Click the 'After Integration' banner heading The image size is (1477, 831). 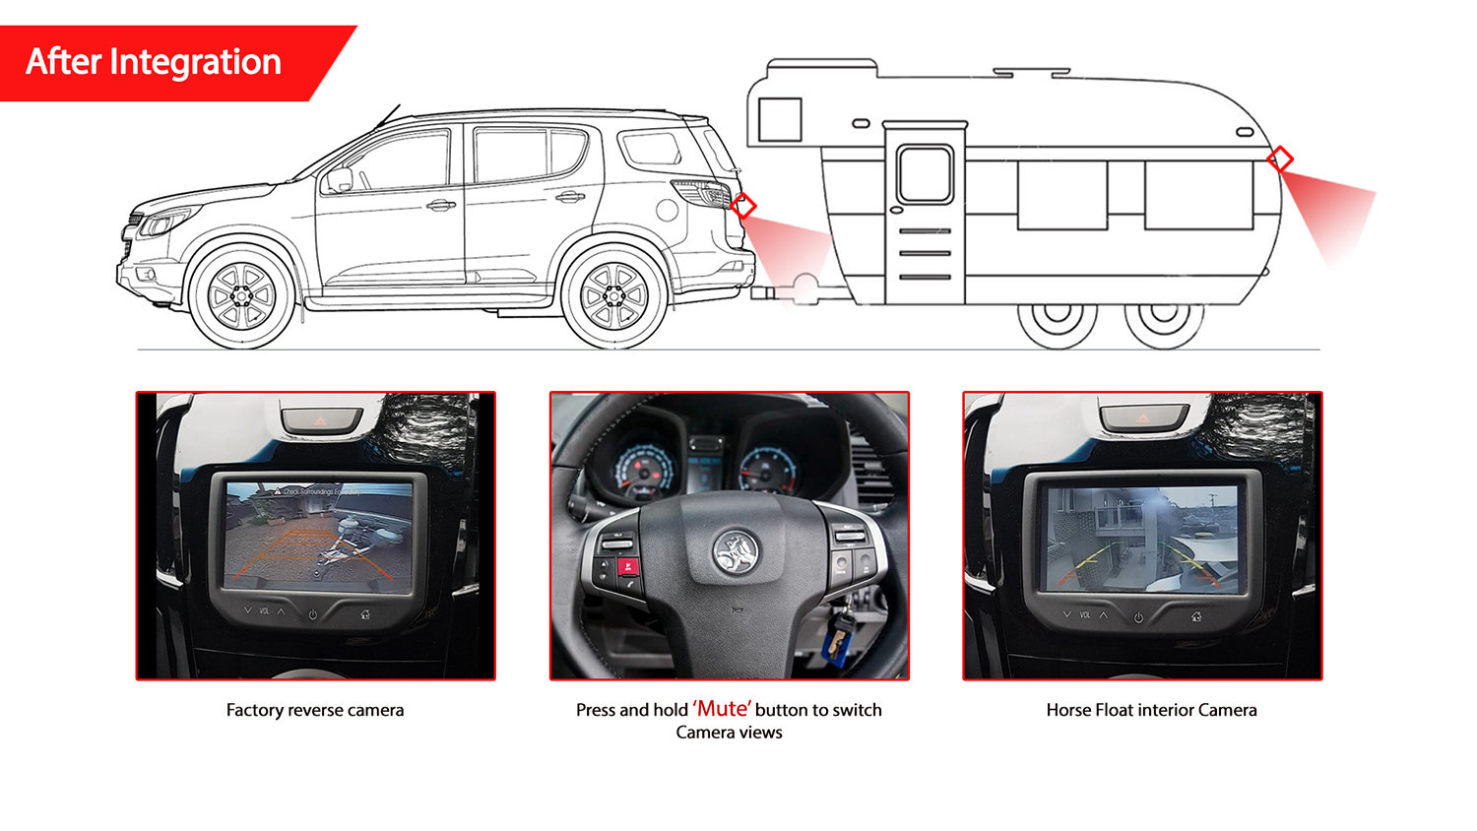[154, 62]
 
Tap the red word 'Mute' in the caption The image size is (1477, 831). [722, 709]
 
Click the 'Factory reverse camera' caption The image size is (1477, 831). [315, 710]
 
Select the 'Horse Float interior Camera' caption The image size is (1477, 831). [1151, 710]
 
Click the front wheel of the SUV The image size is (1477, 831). [240, 296]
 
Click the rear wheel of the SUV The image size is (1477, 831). [613, 296]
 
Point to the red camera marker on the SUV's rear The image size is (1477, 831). [743, 206]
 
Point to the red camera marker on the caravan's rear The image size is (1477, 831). [1280, 159]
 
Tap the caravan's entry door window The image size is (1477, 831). [925, 174]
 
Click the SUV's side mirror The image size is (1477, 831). [340, 180]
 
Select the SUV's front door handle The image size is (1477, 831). [440, 206]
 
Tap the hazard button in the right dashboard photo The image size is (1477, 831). [1142, 417]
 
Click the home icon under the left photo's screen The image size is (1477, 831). [365, 613]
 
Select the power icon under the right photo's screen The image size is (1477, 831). [1138, 617]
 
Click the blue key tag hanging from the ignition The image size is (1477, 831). [834, 645]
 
